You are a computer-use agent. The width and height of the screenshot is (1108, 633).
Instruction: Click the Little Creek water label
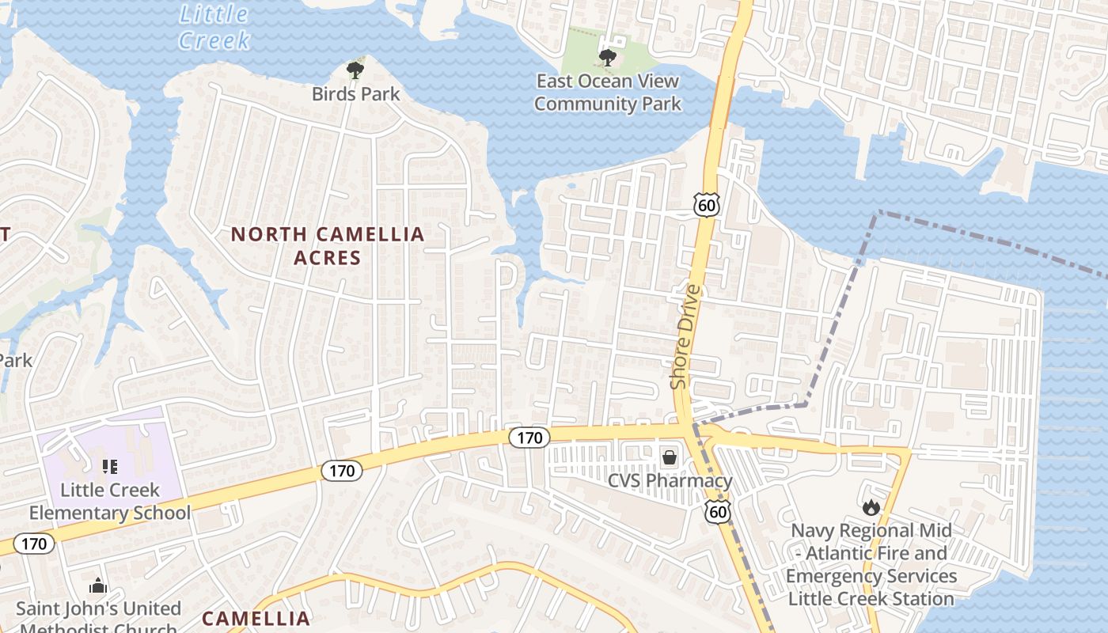coord(214,26)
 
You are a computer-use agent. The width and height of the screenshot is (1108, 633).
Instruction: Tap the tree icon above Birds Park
coord(355,71)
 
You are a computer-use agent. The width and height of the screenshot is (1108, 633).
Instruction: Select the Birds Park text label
coord(355,94)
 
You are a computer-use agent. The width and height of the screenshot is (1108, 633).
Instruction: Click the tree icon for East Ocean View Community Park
coord(607,56)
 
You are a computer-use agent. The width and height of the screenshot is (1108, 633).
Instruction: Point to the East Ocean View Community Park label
coord(607,92)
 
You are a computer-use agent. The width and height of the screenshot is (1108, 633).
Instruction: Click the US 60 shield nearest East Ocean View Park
coord(707,205)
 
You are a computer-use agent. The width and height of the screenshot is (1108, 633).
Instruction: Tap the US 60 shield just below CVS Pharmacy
coord(718,512)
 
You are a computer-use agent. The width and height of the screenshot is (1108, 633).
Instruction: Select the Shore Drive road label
coord(686,336)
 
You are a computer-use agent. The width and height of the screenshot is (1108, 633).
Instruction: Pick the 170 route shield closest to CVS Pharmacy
coord(528,438)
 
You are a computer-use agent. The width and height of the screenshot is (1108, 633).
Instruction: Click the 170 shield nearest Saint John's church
coord(33,544)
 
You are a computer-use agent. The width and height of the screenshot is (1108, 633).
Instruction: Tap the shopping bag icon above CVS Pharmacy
coord(670,457)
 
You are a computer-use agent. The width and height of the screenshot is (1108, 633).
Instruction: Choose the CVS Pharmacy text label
coord(670,480)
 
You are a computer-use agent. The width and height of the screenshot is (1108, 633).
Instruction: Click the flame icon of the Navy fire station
coord(871,506)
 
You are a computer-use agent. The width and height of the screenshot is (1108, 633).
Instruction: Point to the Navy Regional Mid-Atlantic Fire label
coord(871,564)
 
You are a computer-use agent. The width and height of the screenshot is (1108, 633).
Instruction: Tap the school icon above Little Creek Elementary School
coord(110,467)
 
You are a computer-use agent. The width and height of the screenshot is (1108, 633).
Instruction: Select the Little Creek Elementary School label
coord(110,501)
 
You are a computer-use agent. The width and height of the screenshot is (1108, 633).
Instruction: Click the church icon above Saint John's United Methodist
coord(98,586)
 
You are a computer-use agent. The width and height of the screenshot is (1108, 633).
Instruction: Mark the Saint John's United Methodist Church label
coord(98,618)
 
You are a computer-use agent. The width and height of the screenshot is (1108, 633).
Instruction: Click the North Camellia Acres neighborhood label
coord(328,245)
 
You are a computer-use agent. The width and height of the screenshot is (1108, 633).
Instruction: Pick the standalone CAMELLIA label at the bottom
coord(256,618)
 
